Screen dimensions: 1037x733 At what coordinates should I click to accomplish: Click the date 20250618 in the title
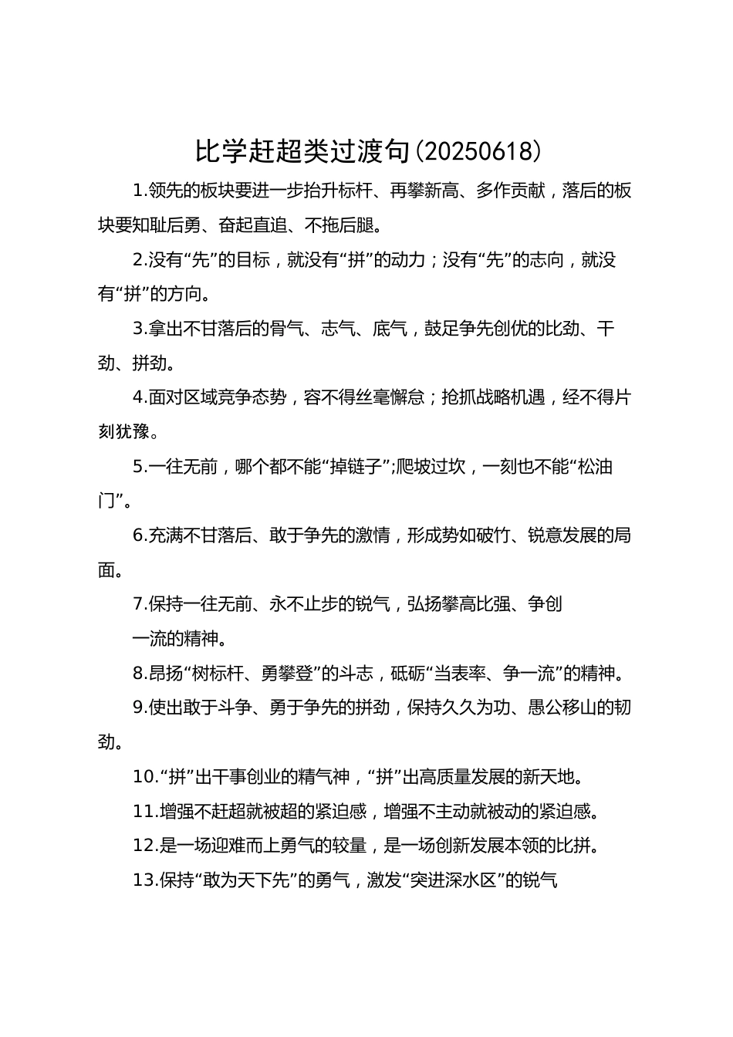click(x=478, y=152)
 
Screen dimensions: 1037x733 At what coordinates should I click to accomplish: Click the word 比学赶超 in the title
click(x=245, y=152)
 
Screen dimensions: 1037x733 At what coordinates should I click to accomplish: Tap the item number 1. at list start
click(x=140, y=191)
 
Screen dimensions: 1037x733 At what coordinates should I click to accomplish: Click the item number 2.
click(x=140, y=260)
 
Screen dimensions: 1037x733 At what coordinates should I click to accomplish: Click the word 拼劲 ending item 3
click(x=149, y=363)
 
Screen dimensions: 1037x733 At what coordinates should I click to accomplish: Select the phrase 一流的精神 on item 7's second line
click(x=174, y=638)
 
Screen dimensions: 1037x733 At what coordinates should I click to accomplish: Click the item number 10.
click(x=144, y=776)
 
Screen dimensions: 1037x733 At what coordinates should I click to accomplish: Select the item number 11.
click(x=144, y=811)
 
